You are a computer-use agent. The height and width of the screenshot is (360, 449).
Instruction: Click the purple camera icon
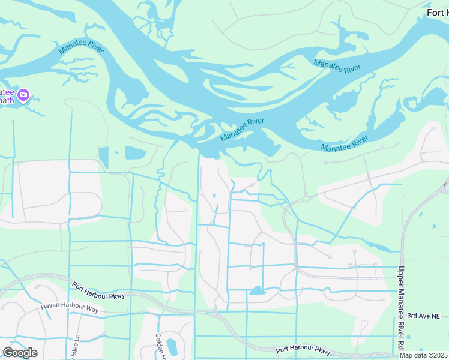[x=23, y=95]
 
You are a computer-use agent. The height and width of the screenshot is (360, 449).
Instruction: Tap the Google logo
[x=20, y=353]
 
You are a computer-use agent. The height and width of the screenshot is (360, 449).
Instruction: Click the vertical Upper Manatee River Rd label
[x=401, y=308]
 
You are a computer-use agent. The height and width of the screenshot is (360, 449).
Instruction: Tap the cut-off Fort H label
[x=437, y=13]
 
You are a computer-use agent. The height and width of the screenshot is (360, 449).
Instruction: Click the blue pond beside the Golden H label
[x=172, y=347]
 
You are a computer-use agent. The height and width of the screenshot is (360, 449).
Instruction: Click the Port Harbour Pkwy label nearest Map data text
[x=303, y=350]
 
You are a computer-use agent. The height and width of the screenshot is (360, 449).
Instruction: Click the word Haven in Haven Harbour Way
[x=50, y=306]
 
